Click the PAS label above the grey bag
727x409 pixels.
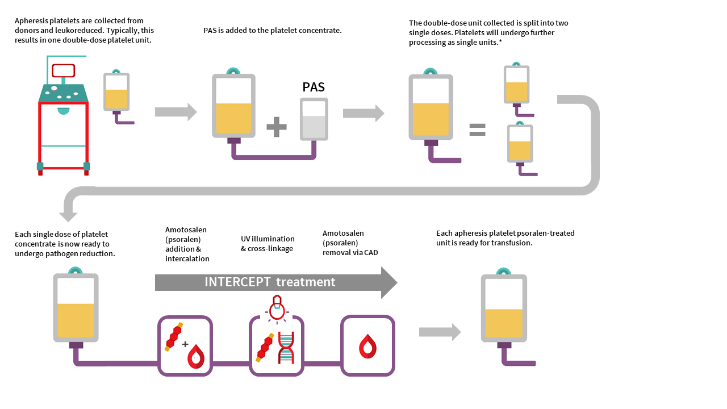click(x=314, y=87)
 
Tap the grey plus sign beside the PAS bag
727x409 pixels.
click(x=277, y=127)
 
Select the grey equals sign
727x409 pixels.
click(x=477, y=130)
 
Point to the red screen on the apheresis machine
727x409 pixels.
click(x=63, y=70)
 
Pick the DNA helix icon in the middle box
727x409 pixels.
click(x=286, y=347)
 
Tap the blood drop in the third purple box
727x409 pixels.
click(x=367, y=346)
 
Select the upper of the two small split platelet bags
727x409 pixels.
click(x=516, y=85)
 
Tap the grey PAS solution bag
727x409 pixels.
click(x=314, y=119)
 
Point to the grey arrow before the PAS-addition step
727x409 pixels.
click(x=176, y=112)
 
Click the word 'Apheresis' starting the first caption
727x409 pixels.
click(x=31, y=21)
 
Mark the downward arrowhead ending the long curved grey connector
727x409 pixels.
click(x=68, y=216)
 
